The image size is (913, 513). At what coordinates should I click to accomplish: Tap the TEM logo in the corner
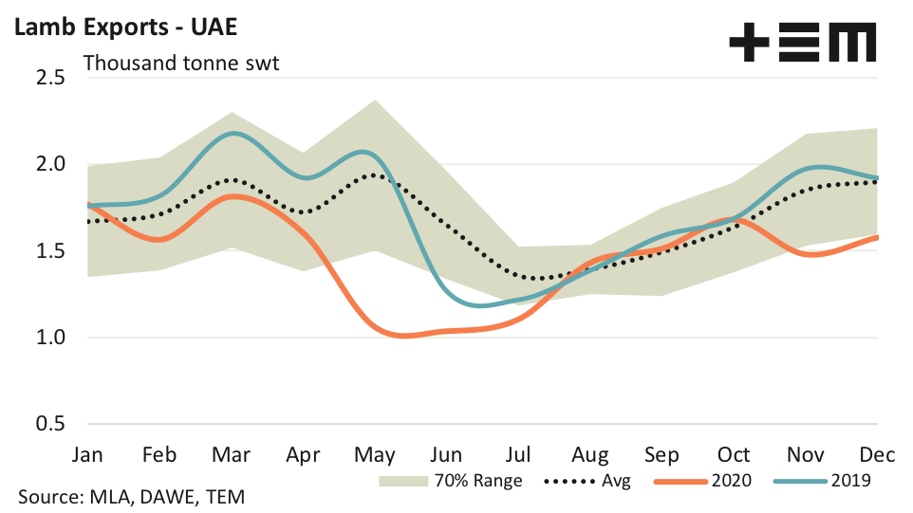pos(802,43)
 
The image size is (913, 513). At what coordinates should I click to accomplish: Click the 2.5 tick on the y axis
pos(47,77)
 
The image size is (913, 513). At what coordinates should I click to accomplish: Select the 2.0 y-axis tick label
pos(47,164)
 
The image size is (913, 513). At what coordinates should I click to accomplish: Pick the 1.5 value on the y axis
pos(47,251)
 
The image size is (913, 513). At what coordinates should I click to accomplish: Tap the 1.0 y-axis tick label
pos(47,338)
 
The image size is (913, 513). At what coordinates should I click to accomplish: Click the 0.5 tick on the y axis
pos(47,424)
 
